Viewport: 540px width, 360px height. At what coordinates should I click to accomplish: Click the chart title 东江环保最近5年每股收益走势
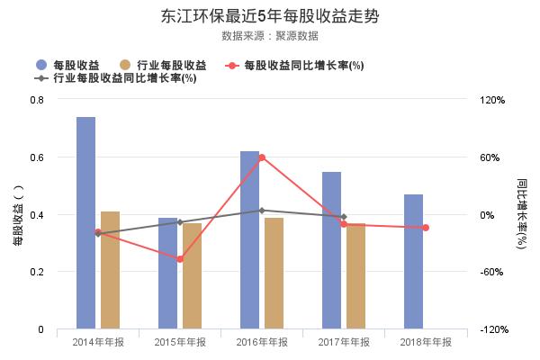270,15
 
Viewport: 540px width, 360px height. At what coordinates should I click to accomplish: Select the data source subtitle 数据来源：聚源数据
270,36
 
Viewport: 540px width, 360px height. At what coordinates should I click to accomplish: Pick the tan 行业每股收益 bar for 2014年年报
110,270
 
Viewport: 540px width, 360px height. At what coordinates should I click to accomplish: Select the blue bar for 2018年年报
413,261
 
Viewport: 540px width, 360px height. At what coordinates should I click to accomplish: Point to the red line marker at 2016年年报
261,157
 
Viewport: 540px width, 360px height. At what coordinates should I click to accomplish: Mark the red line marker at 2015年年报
180,259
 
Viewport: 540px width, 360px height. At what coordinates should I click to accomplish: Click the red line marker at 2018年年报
426,228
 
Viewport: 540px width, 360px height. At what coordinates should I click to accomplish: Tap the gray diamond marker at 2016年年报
261,211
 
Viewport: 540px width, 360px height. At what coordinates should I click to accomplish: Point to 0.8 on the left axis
37,99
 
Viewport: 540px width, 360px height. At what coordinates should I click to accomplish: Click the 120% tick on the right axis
494,99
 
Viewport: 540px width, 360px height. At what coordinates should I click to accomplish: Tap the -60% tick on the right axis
494,272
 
